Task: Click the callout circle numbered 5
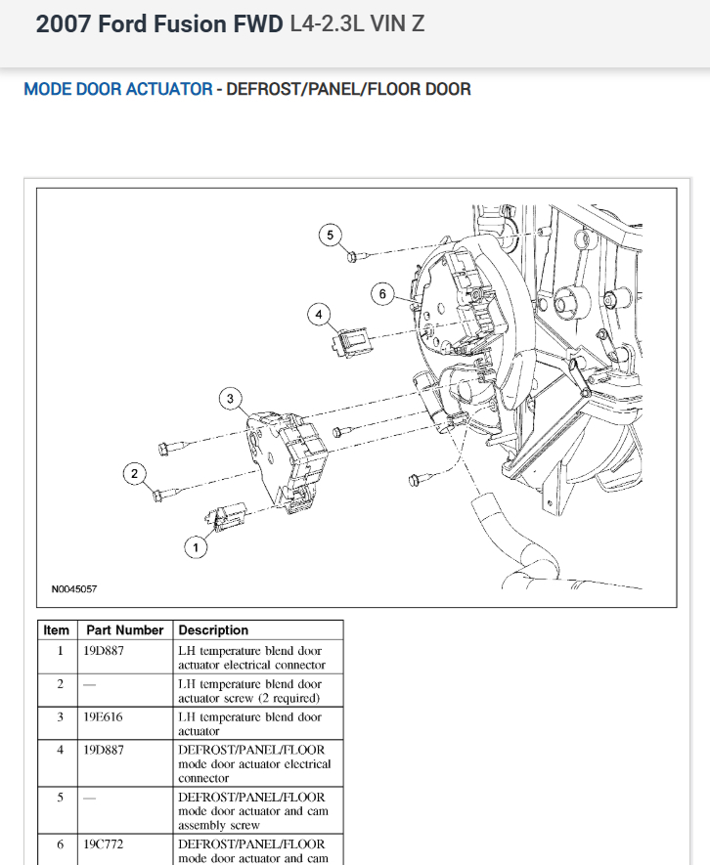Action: pos(330,235)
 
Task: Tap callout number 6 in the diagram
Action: pos(382,293)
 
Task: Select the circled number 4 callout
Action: pos(318,314)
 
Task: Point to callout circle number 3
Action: pos(230,399)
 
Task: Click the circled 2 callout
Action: pos(135,475)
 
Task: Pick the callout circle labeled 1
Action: pos(196,548)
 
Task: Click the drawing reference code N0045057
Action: pos(74,589)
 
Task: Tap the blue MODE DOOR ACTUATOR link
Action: pos(117,90)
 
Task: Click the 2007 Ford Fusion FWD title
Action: pos(160,24)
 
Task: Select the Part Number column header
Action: pos(124,630)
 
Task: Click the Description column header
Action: pos(213,630)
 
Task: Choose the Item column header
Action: pos(57,630)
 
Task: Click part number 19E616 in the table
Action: pos(103,716)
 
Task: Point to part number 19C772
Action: pos(103,843)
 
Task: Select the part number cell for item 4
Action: pos(103,750)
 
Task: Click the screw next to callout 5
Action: pos(355,257)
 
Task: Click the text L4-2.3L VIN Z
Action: pos(358,24)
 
